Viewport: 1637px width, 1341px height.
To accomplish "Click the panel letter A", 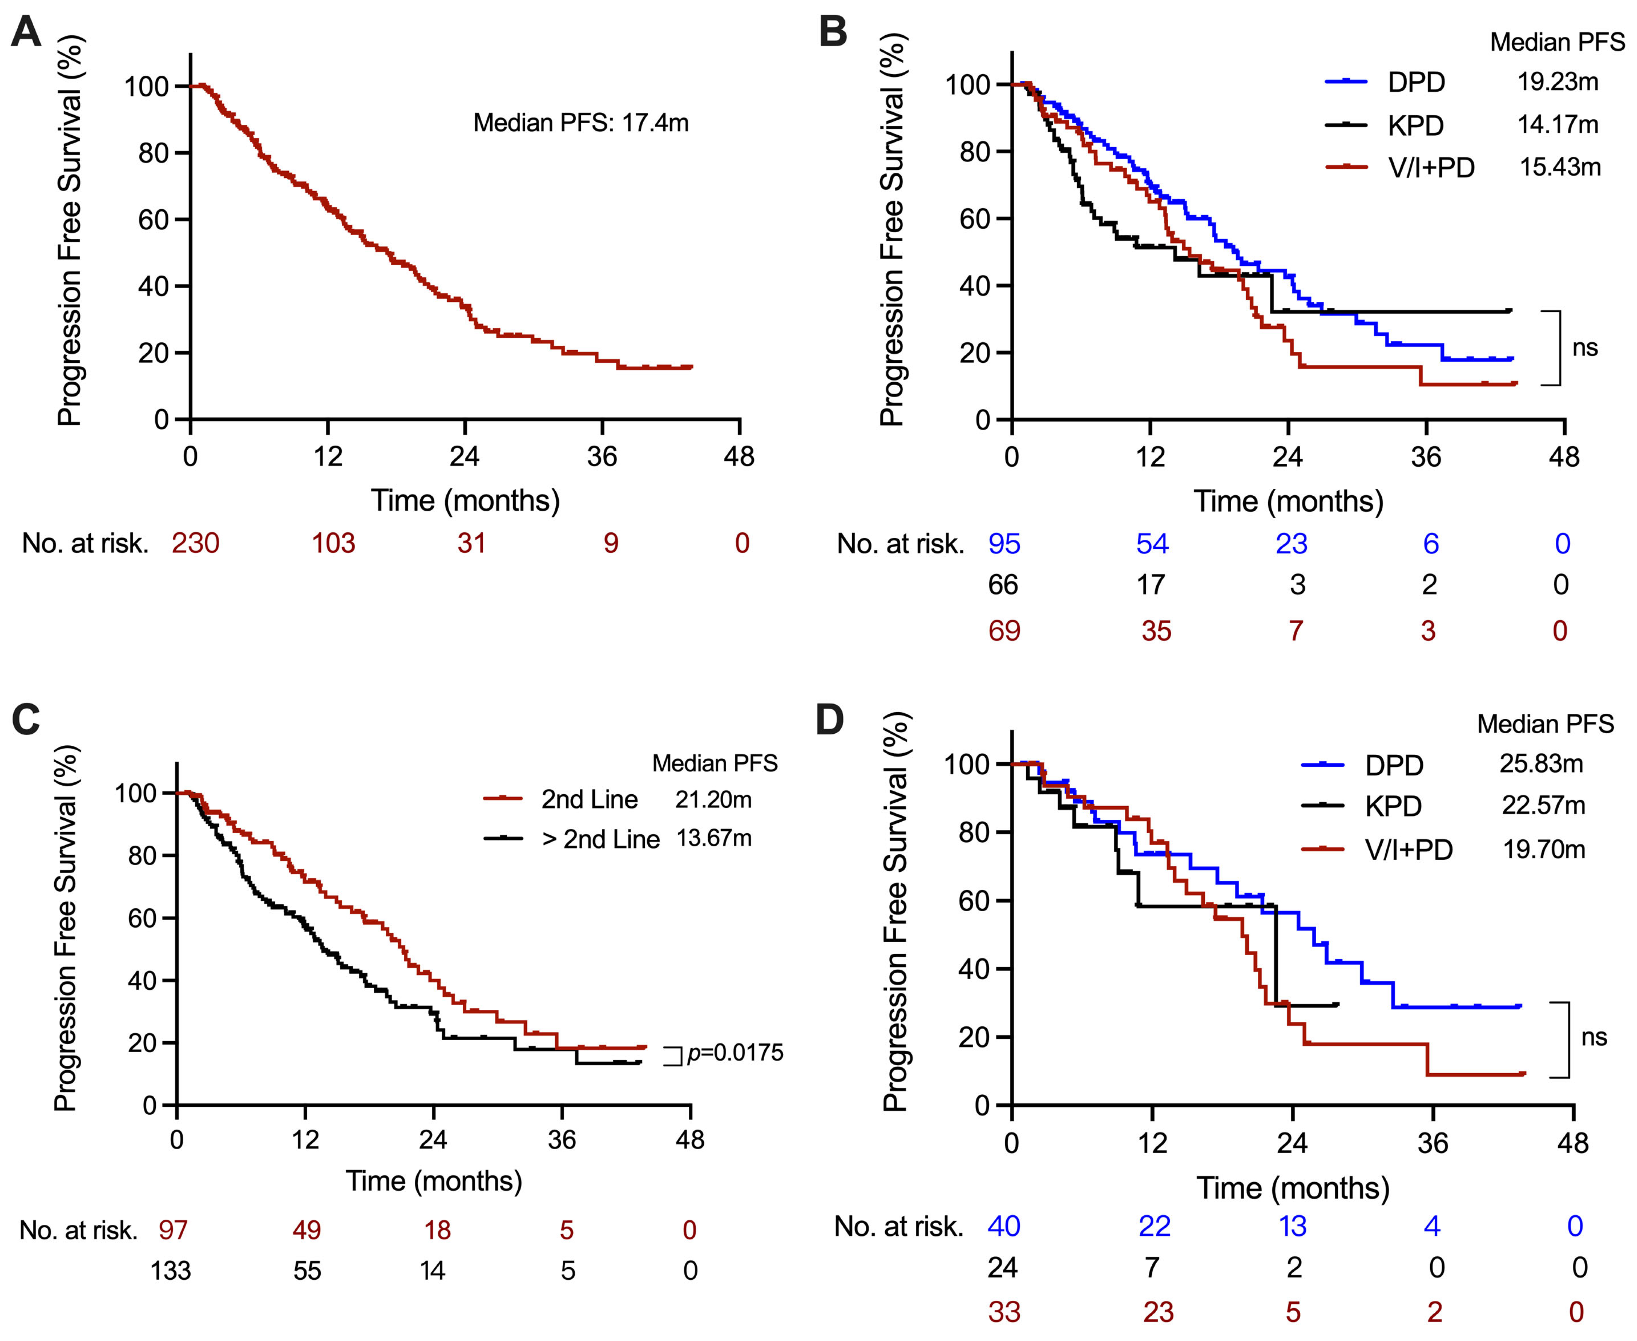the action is point(26,32).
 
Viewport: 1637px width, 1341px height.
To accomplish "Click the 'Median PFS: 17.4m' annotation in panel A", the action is point(581,123).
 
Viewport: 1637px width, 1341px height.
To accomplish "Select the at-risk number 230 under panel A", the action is point(195,543).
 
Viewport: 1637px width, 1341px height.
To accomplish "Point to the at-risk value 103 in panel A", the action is point(334,543).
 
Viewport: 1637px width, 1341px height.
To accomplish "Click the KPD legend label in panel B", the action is point(1415,125).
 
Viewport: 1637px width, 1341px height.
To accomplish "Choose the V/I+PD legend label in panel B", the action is point(1431,167).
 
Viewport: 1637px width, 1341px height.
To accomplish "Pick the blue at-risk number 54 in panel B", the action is point(1152,544).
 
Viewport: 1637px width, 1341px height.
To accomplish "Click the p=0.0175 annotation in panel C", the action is point(735,1053).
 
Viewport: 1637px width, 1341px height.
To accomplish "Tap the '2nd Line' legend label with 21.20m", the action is point(589,800).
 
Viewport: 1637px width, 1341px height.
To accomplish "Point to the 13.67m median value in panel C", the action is point(714,838).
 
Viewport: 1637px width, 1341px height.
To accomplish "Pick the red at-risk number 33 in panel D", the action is point(1004,1312).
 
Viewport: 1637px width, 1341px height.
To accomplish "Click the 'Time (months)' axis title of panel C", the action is point(434,1181).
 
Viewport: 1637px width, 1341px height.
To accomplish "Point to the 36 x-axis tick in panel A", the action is point(602,456).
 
